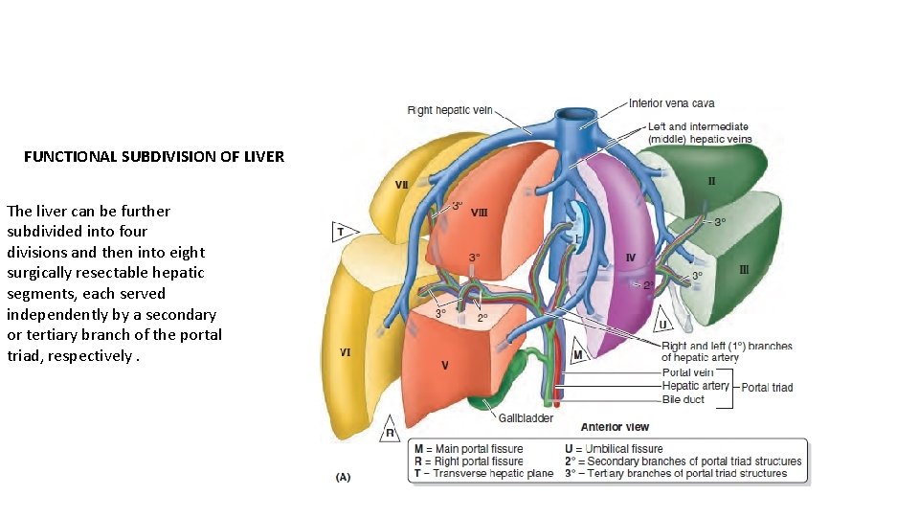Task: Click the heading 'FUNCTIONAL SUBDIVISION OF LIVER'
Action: tap(154, 156)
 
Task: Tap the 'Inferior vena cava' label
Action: tap(671, 103)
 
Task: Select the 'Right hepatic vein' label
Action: tap(450, 110)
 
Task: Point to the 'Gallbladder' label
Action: tap(526, 418)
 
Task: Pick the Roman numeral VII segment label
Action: tap(405, 184)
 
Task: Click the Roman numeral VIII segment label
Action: tap(479, 214)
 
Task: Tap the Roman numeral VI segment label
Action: tap(345, 352)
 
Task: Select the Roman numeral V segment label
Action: tap(444, 365)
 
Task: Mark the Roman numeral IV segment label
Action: tap(630, 257)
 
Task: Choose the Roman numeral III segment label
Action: tap(744, 270)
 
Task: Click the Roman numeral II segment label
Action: tap(711, 180)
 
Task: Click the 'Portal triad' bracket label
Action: tap(767, 387)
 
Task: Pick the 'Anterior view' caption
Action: tap(614, 427)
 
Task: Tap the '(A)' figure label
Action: tap(342, 476)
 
